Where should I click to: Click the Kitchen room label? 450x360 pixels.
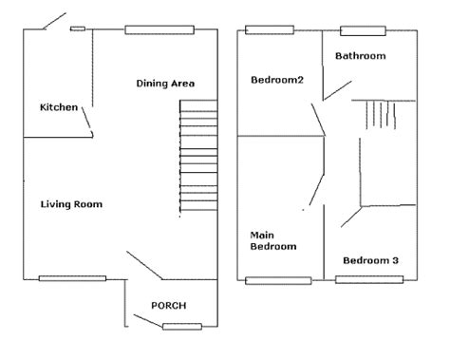pyautogui.click(x=59, y=107)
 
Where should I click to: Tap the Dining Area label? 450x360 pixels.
pyautogui.click(x=165, y=84)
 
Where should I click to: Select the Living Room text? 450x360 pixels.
pyautogui.click(x=71, y=204)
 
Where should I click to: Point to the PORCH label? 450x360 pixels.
pyautogui.click(x=169, y=306)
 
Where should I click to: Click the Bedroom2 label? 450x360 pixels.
pyautogui.click(x=277, y=80)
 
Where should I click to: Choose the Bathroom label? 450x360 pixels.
pyautogui.click(x=361, y=56)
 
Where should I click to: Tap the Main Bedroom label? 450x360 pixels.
pyautogui.click(x=273, y=240)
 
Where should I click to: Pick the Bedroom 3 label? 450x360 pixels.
pyautogui.click(x=370, y=260)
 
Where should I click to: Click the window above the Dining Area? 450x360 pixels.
pyautogui.click(x=159, y=29)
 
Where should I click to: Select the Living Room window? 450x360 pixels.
pyautogui.click(x=72, y=278)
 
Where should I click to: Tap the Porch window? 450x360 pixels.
pyautogui.click(x=182, y=327)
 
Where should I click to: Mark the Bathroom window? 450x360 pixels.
pyautogui.click(x=363, y=31)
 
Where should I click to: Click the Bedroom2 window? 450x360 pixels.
pyautogui.click(x=270, y=30)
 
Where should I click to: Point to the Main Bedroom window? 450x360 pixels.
pyautogui.click(x=278, y=281)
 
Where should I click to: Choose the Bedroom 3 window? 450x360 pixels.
pyautogui.click(x=369, y=279)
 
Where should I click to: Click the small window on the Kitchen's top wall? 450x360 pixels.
pyautogui.click(x=78, y=28)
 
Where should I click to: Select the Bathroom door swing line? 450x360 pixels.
pyautogui.click(x=337, y=90)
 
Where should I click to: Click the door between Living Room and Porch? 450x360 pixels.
pyautogui.click(x=144, y=265)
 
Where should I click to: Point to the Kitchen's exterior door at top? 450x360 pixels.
pyautogui.click(x=54, y=21)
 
